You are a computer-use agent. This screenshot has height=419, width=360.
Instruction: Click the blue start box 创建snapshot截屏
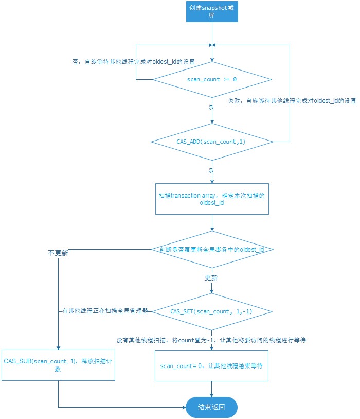point(211,11)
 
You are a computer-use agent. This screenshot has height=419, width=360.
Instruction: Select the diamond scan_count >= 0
point(211,80)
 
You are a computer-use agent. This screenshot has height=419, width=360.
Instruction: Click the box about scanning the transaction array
point(211,199)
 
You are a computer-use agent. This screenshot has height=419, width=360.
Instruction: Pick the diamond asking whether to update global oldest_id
point(211,250)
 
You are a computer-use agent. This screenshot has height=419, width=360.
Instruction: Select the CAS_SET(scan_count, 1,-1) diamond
point(211,311)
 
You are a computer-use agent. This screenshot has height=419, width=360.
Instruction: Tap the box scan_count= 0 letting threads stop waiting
point(211,366)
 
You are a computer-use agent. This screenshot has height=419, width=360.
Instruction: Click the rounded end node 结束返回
point(211,407)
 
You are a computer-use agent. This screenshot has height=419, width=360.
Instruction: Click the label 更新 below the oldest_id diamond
point(211,277)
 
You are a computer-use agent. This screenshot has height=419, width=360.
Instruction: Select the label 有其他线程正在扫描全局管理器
point(104,311)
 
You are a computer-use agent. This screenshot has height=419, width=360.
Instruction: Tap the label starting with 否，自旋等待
point(133,61)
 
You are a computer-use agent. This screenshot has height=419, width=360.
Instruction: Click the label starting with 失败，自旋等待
point(292,101)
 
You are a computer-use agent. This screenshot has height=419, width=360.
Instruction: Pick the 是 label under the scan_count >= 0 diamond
point(210,109)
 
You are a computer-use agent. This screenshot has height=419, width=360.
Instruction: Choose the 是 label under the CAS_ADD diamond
point(210,170)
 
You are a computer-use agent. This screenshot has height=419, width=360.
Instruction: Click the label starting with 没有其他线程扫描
point(212,340)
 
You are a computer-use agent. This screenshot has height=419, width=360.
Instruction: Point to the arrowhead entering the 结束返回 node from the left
point(183,407)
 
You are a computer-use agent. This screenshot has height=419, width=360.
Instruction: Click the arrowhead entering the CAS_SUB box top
point(58,348)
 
